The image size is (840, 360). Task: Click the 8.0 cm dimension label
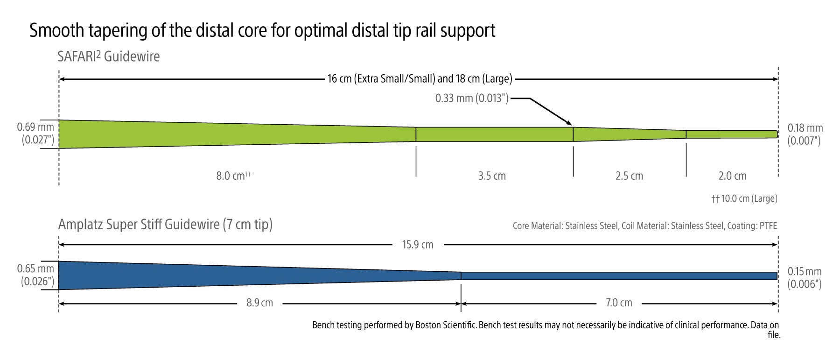click(x=233, y=176)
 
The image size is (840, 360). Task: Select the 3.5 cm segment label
click(x=492, y=176)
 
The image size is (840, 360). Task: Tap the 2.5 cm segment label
click(x=629, y=176)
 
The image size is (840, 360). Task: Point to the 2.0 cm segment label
click(x=732, y=176)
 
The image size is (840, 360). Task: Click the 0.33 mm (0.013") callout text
click(x=472, y=99)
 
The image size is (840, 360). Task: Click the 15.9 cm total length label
click(x=418, y=245)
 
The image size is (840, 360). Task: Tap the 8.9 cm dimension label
click(x=259, y=303)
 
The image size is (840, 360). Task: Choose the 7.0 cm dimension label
click(x=619, y=303)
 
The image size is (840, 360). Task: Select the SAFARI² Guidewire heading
click(x=109, y=56)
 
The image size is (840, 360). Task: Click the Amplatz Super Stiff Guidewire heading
click(x=165, y=225)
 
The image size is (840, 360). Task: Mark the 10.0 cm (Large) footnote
click(x=744, y=198)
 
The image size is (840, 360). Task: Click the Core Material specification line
click(x=644, y=226)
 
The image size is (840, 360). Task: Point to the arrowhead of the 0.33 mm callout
click(x=570, y=123)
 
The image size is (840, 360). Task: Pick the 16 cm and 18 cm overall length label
click(x=420, y=79)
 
